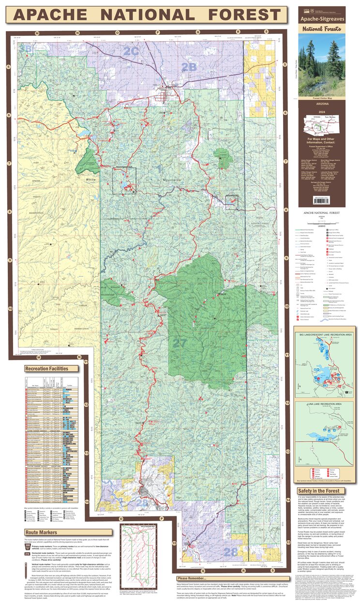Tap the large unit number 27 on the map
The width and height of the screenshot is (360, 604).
click(179, 342)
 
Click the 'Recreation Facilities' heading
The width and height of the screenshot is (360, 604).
click(51, 368)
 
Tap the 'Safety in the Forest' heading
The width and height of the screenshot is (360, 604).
click(319, 491)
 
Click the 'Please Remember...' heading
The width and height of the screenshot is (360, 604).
click(195, 578)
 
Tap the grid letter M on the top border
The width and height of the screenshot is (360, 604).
click(37, 33)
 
